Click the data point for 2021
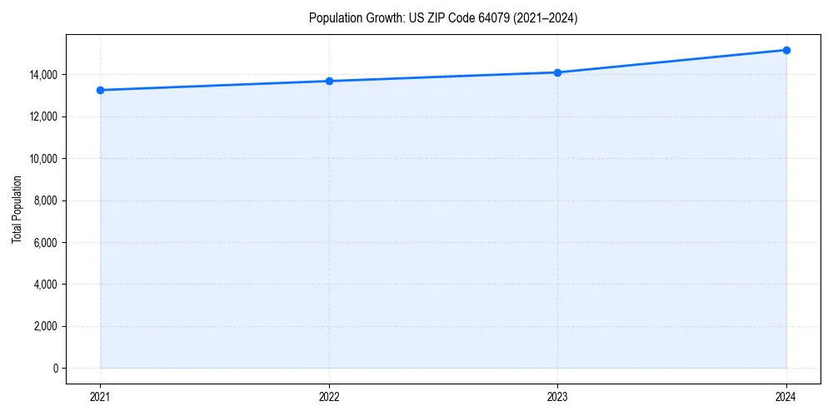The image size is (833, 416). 100,90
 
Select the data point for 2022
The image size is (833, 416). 329,81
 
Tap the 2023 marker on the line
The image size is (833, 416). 557,72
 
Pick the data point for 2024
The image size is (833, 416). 786,50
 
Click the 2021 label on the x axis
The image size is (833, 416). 100,396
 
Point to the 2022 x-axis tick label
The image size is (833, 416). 329,396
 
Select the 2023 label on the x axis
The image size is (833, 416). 557,396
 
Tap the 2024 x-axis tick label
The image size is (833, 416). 786,396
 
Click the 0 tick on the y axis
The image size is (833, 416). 55,368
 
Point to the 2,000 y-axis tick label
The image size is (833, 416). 47,326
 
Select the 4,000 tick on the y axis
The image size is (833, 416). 47,285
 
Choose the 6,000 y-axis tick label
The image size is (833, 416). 47,242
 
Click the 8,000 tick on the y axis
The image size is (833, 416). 47,201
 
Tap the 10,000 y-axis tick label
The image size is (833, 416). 45,158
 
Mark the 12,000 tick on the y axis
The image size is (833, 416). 45,116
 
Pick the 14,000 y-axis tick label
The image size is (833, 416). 45,75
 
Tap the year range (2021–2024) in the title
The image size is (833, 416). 544,18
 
